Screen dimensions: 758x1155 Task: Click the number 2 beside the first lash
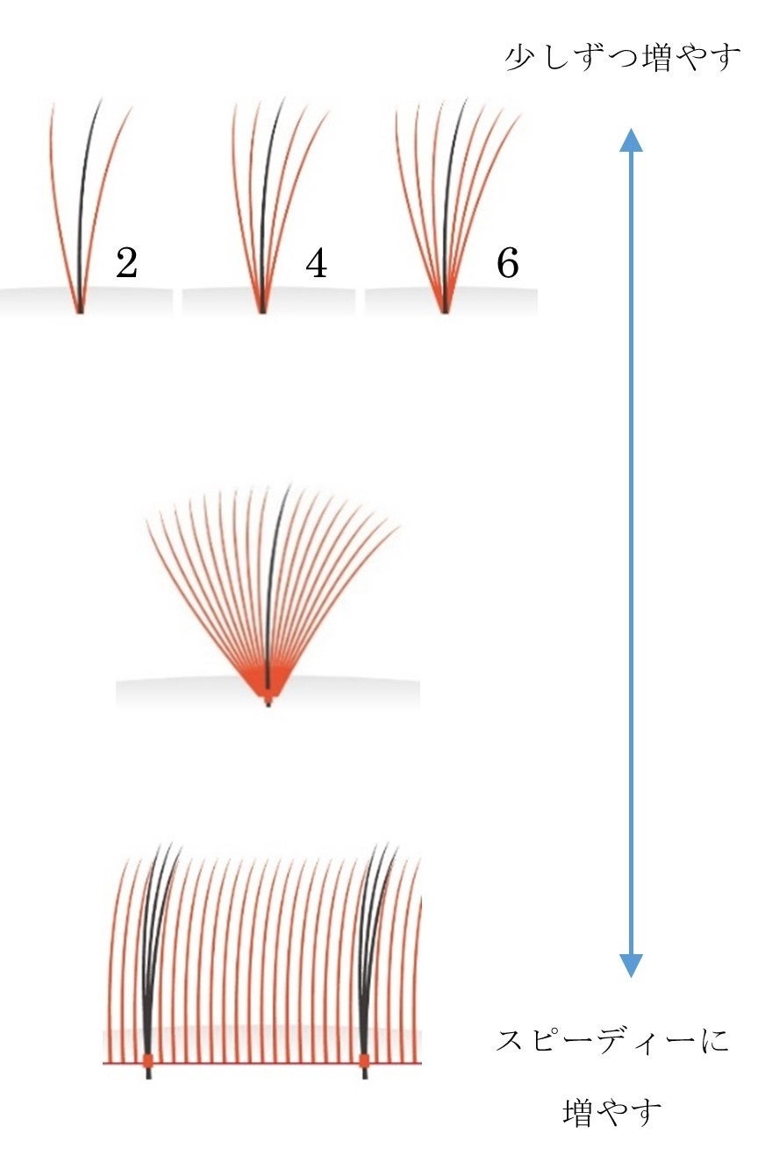(x=126, y=263)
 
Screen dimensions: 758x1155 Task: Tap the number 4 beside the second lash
(x=317, y=263)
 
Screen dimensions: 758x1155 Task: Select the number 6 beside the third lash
(x=507, y=263)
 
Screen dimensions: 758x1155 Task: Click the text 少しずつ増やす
(x=623, y=59)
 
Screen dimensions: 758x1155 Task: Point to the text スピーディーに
(x=611, y=1042)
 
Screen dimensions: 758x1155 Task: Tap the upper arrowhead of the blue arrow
(x=631, y=140)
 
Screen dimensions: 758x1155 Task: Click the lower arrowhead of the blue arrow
(x=631, y=965)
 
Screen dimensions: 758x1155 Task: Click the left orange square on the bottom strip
(x=147, y=1061)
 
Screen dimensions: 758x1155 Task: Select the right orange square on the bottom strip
(x=364, y=1061)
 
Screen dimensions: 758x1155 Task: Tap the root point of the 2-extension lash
(x=80, y=309)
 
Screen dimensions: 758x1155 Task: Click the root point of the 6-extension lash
(x=445, y=309)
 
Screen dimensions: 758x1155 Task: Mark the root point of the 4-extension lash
(x=261, y=309)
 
